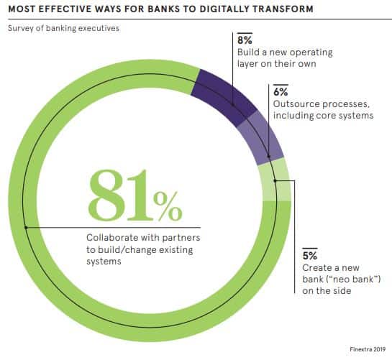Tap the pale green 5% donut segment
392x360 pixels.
(274, 180)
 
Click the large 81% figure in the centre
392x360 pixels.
(135, 195)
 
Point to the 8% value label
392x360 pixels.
(245, 40)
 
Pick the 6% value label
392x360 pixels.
(281, 92)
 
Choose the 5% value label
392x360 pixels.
(310, 256)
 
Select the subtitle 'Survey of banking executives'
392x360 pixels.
(63, 28)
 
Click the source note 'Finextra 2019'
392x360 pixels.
(368, 349)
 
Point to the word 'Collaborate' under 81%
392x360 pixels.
(112, 238)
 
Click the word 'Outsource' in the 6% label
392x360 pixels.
(295, 104)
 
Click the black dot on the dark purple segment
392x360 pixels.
(233, 106)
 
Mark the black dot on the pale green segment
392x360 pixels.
(275, 180)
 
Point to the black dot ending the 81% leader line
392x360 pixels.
(26, 228)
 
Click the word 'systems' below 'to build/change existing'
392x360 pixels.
(104, 262)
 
